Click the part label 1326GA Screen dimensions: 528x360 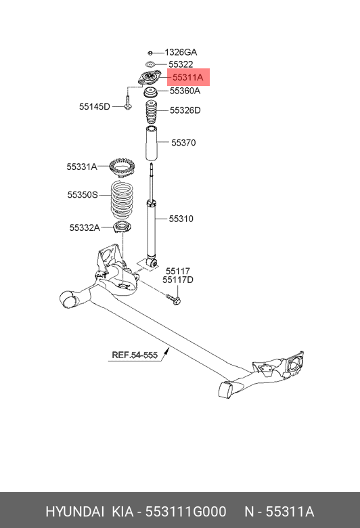tap(181, 52)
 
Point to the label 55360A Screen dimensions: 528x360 tap(185, 91)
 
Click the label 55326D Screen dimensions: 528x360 tap(185, 110)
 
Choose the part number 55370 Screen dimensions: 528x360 tap(183, 143)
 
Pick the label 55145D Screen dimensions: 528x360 tap(94, 106)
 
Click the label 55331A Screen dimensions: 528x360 tap(82, 167)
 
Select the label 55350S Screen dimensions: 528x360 tap(83, 195)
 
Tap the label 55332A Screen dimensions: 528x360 tap(85, 228)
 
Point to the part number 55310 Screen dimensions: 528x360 tap(181, 219)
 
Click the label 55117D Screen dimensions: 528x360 tap(177, 280)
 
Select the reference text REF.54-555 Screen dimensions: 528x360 tap(135, 355)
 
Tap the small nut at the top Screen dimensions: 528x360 tap(151, 52)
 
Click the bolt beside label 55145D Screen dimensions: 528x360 tap(127, 102)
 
